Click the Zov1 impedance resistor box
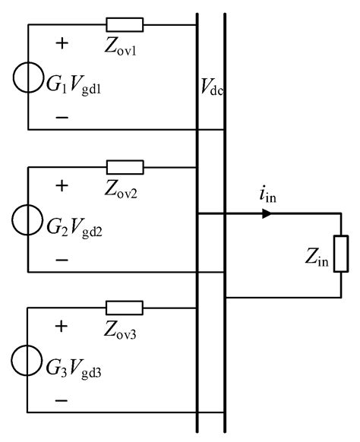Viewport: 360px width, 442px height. tap(125, 25)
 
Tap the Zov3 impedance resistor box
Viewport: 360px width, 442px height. tap(125, 308)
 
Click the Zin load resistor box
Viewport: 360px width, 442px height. tap(341, 254)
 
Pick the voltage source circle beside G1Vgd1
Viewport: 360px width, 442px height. tap(28, 78)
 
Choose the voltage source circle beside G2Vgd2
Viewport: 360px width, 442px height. tap(28, 219)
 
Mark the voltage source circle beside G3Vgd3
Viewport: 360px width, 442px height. tap(28, 360)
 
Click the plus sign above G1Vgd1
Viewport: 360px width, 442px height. tap(62, 44)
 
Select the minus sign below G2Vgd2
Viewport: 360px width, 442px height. tap(62, 259)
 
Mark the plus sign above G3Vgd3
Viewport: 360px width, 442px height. tap(62, 327)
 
